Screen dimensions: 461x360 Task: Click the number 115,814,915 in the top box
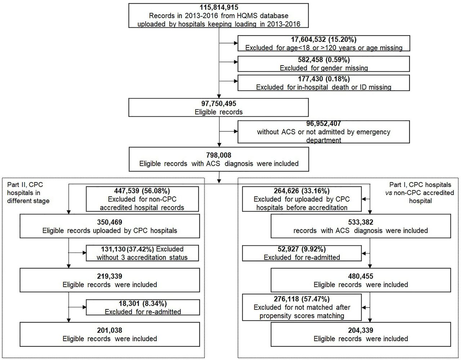tap(219, 8)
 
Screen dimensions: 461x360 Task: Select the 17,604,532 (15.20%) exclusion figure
tap(323, 40)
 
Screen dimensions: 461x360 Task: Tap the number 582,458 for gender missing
tap(310, 60)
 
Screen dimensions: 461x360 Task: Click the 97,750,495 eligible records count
tap(219, 103)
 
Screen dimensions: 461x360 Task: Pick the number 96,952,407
tap(323, 123)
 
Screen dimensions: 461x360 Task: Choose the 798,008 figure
tap(219, 155)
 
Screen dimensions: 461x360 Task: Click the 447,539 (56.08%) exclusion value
tap(142, 191)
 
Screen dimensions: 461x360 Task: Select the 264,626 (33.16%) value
tap(302, 191)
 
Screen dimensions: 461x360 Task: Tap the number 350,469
tap(110, 222)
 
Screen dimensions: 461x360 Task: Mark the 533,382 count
tap(361, 222)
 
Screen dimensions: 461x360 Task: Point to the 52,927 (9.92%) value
tap(302, 249)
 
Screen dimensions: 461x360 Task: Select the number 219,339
tap(110, 276)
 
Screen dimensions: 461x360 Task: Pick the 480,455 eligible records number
tap(361, 276)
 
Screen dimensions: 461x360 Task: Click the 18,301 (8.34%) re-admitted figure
tap(143, 303)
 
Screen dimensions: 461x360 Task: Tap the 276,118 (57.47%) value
tap(302, 299)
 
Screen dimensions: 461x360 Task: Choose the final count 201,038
tap(110, 330)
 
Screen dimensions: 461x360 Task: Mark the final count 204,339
tap(361, 330)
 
